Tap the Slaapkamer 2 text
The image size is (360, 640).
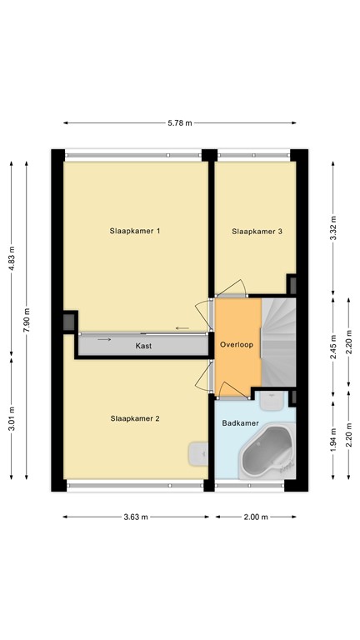pyautogui.click(x=134, y=418)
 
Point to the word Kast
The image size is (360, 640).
pyautogui.click(x=144, y=345)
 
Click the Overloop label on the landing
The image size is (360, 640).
pyautogui.click(x=237, y=344)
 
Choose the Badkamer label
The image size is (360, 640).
pyautogui.click(x=239, y=423)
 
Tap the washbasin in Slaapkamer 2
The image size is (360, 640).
pyautogui.click(x=198, y=452)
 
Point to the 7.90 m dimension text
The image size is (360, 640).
pyautogui.click(x=27, y=320)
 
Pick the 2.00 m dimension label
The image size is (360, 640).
pyautogui.click(x=256, y=517)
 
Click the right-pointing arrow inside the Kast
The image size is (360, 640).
pyautogui.click(x=103, y=339)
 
